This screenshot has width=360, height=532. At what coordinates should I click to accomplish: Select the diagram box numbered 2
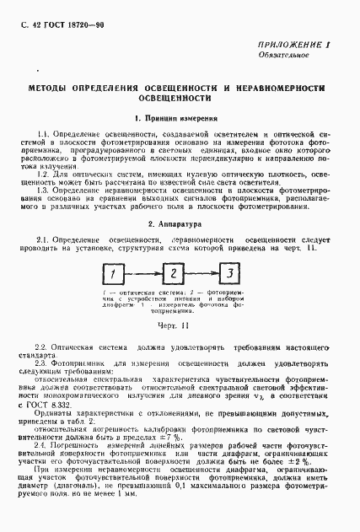(172, 274)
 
